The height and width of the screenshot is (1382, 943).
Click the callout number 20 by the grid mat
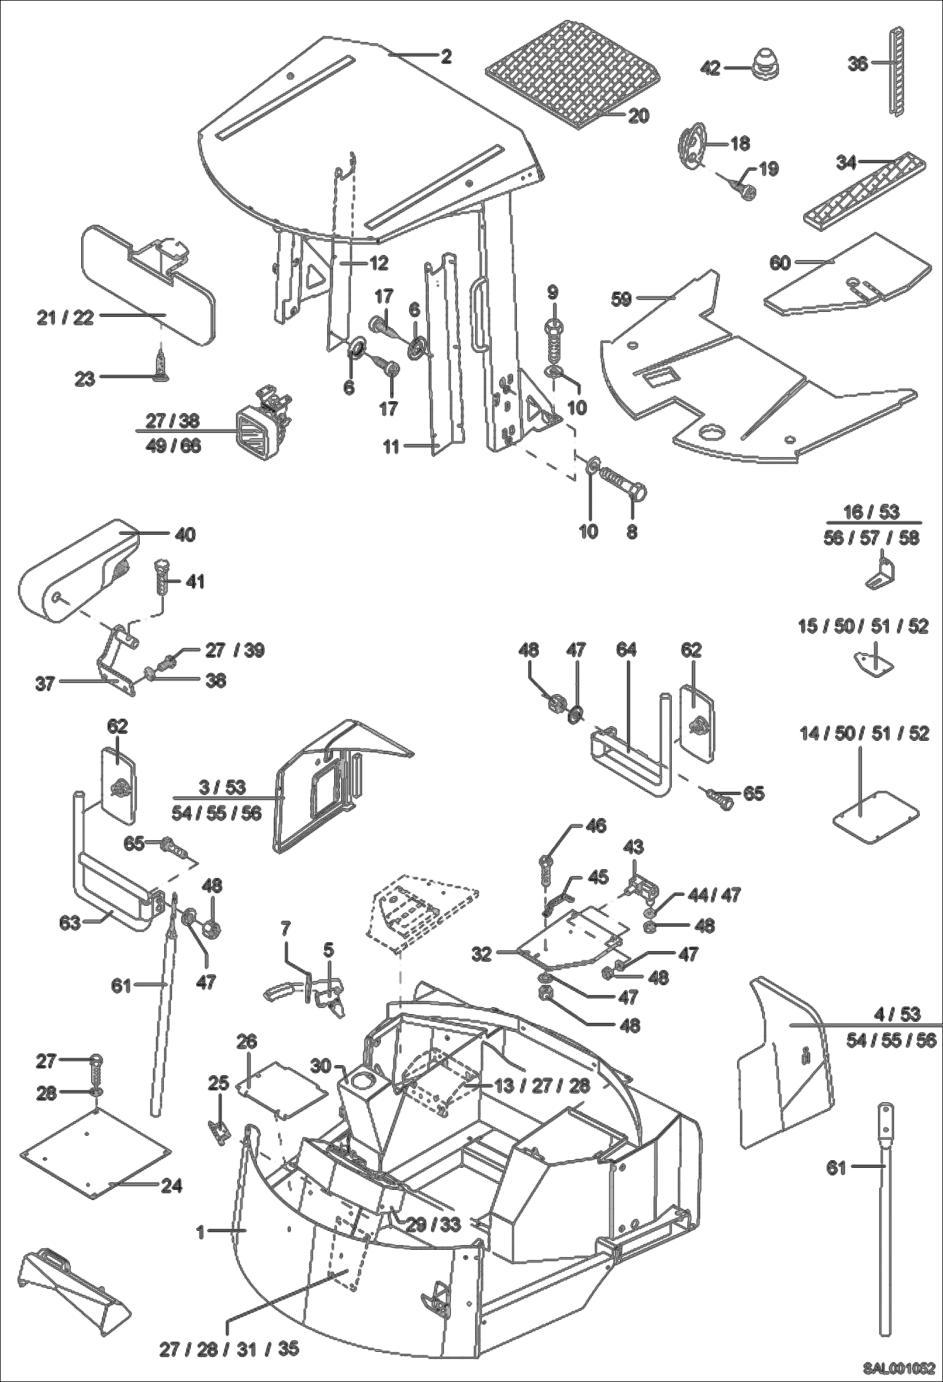(638, 116)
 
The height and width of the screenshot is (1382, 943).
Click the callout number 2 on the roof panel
(446, 57)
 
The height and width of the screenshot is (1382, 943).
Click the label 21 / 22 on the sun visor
(65, 317)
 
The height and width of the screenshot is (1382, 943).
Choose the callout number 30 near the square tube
(321, 1066)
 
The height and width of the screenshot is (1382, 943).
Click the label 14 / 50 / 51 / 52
(865, 734)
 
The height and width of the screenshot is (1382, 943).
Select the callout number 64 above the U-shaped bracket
(626, 650)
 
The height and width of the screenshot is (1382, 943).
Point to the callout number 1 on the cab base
(200, 1231)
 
